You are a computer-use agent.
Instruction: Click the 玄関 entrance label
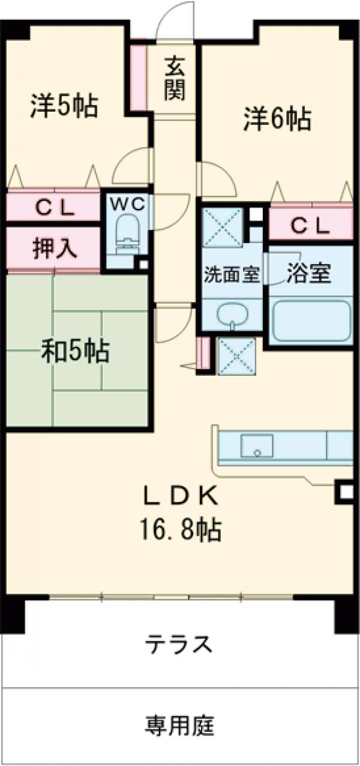pyautogui.click(x=175, y=77)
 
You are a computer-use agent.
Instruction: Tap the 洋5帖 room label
pyautogui.click(x=65, y=106)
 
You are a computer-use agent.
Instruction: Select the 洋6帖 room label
pyautogui.click(x=277, y=119)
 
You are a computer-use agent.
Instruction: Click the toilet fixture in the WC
pyautogui.click(x=127, y=234)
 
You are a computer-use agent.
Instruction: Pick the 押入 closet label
pyautogui.click(x=54, y=249)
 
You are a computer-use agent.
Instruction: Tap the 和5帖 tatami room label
pyautogui.click(x=75, y=351)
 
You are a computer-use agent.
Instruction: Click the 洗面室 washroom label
pyautogui.click(x=232, y=274)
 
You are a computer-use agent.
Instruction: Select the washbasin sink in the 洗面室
pyautogui.click(x=232, y=315)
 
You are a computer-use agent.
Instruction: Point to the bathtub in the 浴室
pyautogui.click(x=310, y=321)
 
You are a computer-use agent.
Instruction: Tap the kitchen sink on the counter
pyautogui.click(x=257, y=447)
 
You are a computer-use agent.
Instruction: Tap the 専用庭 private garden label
pyautogui.click(x=179, y=726)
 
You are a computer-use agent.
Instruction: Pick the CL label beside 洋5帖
pyautogui.click(x=54, y=208)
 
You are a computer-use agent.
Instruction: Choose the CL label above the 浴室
pyautogui.click(x=310, y=225)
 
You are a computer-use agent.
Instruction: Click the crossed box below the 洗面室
pyautogui.click(x=236, y=355)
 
